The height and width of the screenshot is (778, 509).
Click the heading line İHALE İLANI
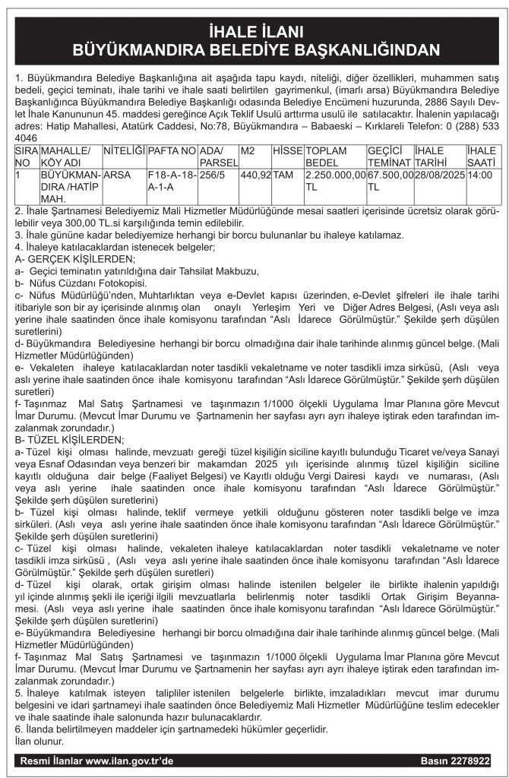pos(254,32)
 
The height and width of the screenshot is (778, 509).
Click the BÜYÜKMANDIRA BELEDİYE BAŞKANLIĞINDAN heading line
pos(254,50)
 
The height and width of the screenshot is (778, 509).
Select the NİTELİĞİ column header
pos(123,151)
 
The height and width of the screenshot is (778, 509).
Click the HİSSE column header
pos(287,151)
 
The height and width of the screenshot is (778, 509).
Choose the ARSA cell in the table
pos(117,174)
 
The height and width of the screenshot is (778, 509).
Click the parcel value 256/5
pos(213,174)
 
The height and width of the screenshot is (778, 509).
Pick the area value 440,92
pos(254,174)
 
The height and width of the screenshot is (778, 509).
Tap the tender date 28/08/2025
pos(439,174)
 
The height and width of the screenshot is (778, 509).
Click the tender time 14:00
pos(479,174)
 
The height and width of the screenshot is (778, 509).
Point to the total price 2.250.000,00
pos(334,174)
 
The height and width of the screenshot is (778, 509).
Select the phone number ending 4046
pos(26,139)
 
